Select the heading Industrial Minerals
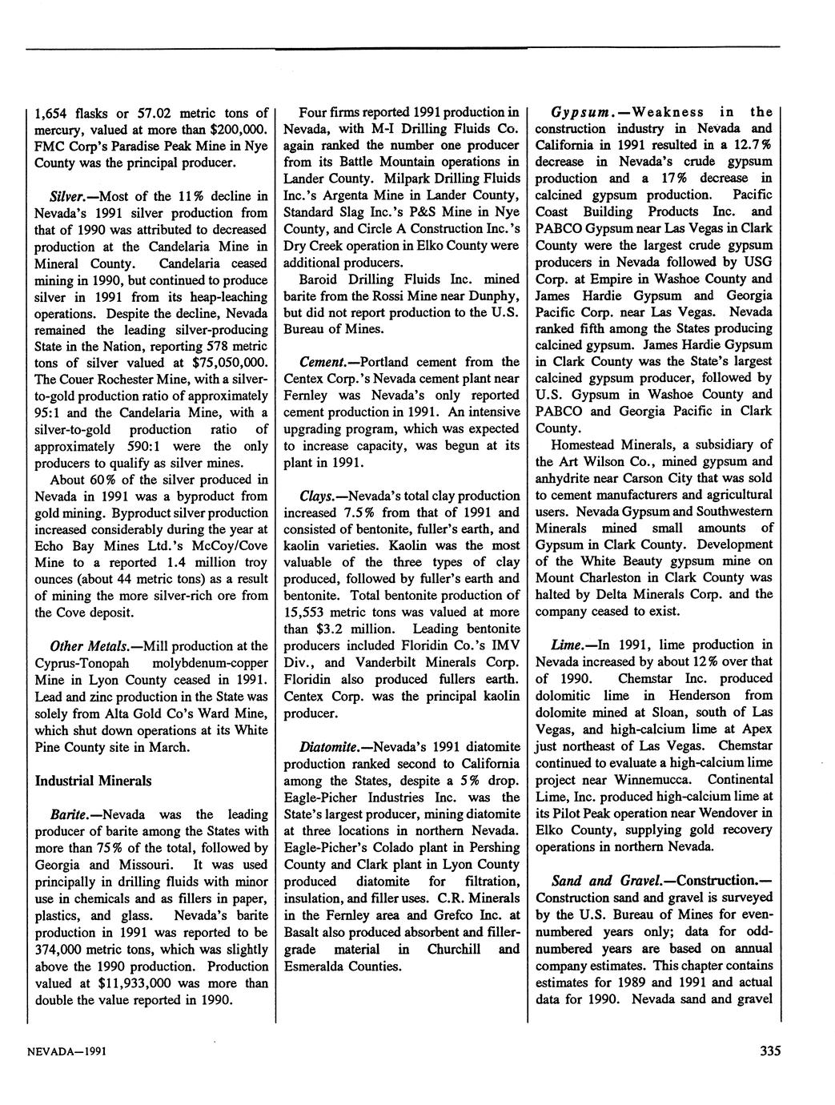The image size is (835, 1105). (94, 780)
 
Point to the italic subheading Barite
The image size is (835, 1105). (68, 814)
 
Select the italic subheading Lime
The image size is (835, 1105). (571, 645)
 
